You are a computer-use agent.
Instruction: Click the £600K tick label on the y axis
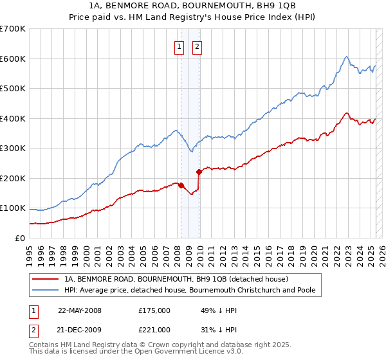(x=13, y=59)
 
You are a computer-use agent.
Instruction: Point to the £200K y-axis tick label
(x=13, y=178)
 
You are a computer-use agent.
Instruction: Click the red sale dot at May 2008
(x=181, y=185)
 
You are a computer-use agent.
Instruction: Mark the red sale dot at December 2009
(x=199, y=172)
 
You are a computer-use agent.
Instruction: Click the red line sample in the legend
(x=46, y=279)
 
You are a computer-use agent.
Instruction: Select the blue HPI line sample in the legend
(x=46, y=290)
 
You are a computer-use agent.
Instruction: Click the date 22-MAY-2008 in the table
(x=80, y=310)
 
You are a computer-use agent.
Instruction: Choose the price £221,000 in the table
(x=154, y=330)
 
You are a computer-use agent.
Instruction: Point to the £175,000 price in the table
(x=154, y=310)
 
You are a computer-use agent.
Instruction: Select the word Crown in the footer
(x=150, y=345)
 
